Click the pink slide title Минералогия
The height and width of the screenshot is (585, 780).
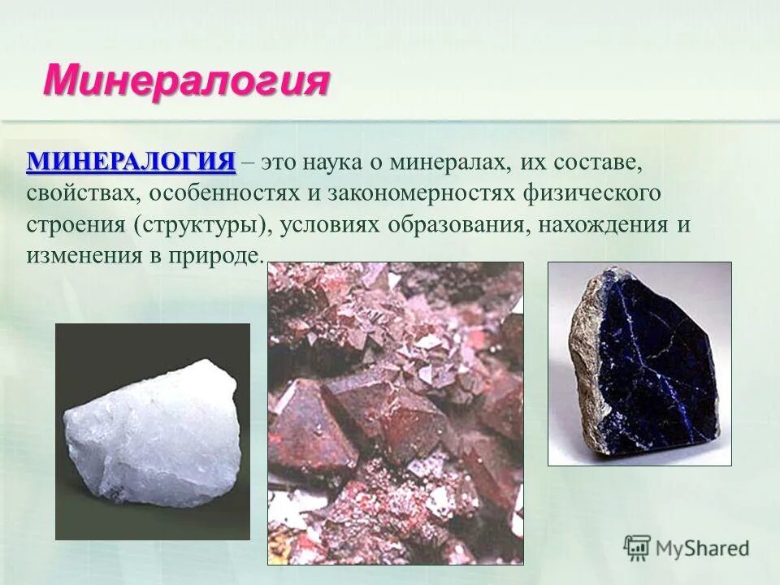point(186,81)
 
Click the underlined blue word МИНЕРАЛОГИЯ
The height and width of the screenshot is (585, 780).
point(131,161)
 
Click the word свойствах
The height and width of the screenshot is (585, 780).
point(83,193)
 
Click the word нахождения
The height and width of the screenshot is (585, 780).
point(602,224)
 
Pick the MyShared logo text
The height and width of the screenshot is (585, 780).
point(702,548)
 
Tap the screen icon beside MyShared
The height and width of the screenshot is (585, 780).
point(637,548)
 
